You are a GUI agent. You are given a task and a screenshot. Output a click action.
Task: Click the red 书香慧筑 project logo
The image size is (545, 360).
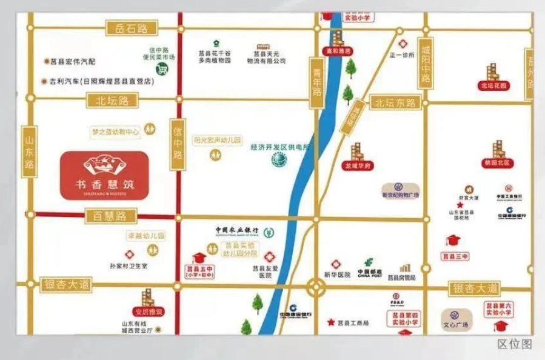point(104,175)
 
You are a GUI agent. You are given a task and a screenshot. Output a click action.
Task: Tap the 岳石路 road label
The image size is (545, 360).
point(131,28)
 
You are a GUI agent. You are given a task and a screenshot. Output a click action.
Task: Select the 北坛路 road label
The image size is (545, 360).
point(113,101)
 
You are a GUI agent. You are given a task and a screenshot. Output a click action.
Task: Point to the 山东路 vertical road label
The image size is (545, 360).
point(28,152)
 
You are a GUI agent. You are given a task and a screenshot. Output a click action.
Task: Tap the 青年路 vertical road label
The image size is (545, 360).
point(316,83)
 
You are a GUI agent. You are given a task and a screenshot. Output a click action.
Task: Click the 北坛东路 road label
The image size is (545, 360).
point(395,103)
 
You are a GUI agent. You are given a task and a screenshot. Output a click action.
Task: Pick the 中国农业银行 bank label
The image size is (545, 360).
point(238,230)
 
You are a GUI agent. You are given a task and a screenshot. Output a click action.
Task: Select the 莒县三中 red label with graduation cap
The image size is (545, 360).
point(456,257)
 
